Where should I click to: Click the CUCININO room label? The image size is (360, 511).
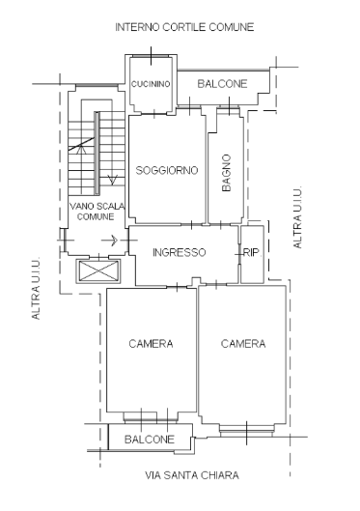click(x=151, y=84)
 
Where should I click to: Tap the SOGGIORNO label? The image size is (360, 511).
click(x=167, y=170)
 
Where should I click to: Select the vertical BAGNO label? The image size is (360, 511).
click(x=226, y=173)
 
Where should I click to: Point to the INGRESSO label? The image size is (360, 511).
click(x=180, y=252)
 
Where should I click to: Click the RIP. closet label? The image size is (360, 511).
click(x=252, y=252)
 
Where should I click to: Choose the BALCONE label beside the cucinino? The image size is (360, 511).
click(x=222, y=84)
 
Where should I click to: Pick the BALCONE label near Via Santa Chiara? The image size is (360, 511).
click(x=150, y=440)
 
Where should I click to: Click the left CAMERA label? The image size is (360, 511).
click(x=151, y=344)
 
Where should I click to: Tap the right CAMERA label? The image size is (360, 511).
click(x=243, y=344)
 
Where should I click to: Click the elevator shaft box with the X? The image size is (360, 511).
click(x=98, y=271)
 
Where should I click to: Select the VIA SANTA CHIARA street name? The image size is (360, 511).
click(x=192, y=475)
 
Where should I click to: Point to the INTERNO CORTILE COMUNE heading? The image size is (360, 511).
click(x=184, y=27)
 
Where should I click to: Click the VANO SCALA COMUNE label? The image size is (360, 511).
click(x=97, y=212)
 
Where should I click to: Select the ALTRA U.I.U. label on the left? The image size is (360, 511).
click(x=36, y=289)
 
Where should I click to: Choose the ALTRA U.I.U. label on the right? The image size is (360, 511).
click(x=297, y=217)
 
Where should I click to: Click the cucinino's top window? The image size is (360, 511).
click(x=151, y=56)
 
